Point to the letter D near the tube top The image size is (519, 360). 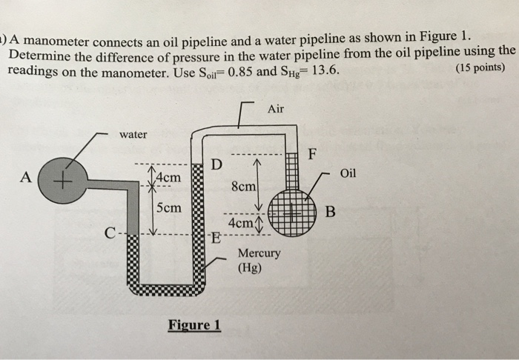point(216,162)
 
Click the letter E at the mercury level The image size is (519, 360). point(216,239)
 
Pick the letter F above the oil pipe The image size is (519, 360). point(312,155)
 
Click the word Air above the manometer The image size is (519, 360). point(276,109)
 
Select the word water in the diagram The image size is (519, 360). point(133,134)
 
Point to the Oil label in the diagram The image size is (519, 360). point(348,173)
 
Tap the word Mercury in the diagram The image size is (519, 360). point(259,253)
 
